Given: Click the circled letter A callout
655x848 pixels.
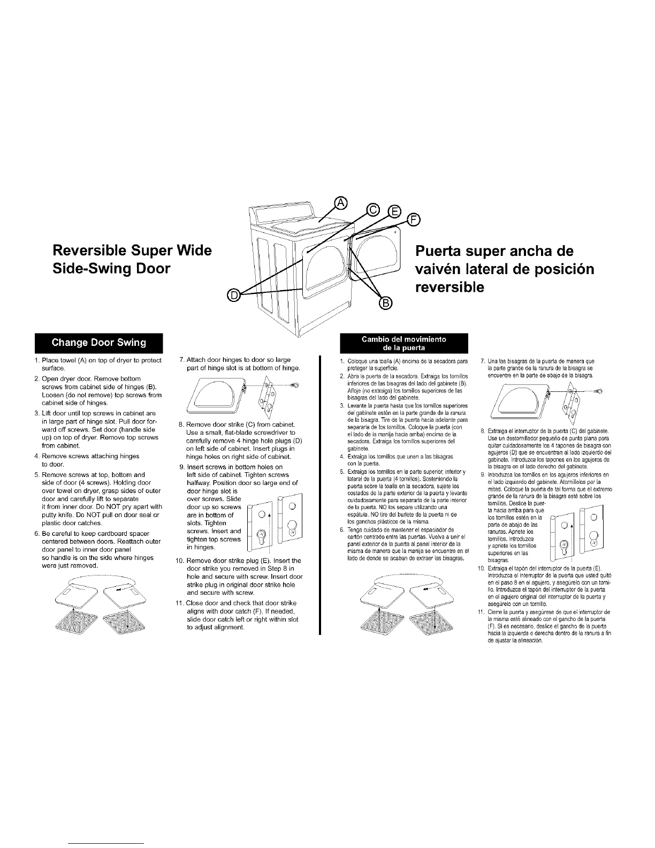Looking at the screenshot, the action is (x=341, y=203).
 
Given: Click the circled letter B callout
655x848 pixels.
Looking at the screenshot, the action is (x=386, y=302).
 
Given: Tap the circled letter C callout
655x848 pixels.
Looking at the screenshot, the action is (x=373, y=210).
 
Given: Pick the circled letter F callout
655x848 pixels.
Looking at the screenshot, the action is (x=414, y=220).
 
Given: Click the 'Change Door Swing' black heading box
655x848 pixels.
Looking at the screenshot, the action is (x=98, y=343).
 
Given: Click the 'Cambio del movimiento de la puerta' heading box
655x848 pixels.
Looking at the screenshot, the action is (x=404, y=343).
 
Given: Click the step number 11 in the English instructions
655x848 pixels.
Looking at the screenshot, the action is (x=179, y=603).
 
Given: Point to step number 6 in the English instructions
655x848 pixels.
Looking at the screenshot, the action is (x=37, y=533).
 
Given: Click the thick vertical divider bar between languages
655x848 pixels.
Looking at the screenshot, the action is (x=320, y=495).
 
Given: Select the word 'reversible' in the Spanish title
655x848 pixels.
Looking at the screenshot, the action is (x=450, y=287).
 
